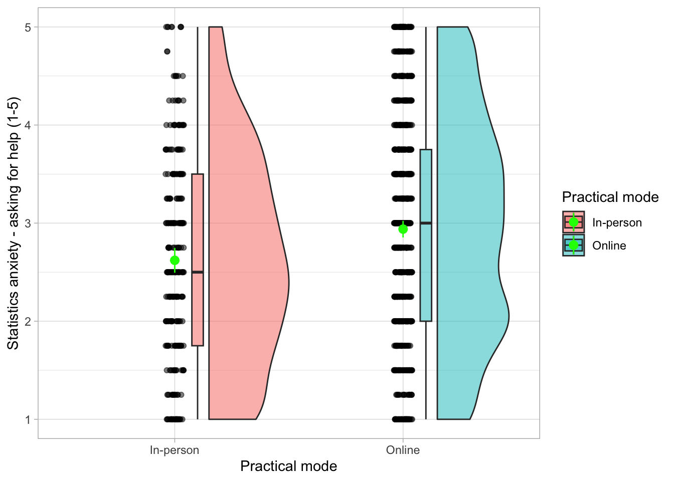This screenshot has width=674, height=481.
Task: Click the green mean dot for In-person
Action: [x=175, y=260]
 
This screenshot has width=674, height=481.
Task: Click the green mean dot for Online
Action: [x=403, y=229]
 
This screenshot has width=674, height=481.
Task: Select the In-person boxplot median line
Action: [x=198, y=272]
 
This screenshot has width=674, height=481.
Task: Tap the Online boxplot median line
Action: [x=426, y=223]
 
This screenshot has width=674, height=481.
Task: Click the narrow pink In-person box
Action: [x=198, y=311]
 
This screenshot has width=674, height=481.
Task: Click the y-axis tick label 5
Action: [x=28, y=27]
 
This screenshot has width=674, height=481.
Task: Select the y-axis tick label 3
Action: [x=28, y=223]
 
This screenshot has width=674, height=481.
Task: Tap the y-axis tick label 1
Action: [x=28, y=419]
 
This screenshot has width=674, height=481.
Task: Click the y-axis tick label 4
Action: [x=28, y=125]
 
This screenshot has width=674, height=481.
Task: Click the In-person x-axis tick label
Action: [x=175, y=450]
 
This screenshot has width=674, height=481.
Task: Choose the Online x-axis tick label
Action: [x=403, y=450]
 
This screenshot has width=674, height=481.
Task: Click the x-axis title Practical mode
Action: [x=288, y=466]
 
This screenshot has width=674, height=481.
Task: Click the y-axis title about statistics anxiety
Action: [x=13, y=223]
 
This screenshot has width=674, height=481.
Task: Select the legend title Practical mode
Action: [x=610, y=197]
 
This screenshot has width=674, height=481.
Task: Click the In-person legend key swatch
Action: [x=574, y=222]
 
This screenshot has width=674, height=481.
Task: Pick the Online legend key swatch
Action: [x=574, y=245]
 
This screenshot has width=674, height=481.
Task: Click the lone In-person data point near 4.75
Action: [x=167, y=51]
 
